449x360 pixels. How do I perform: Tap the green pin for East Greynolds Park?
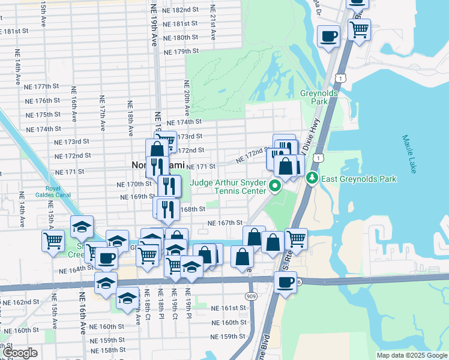pyautogui.click(x=312, y=178)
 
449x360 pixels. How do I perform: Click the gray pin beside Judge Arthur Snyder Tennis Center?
pyautogui.click(x=276, y=186)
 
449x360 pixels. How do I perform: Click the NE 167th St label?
pyautogui.click(x=225, y=223)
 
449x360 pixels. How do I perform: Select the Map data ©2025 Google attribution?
pyautogui.click(x=412, y=355)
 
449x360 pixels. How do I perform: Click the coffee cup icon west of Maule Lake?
pyautogui.click(x=328, y=36)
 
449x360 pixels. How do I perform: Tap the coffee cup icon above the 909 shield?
pyautogui.click(x=286, y=281)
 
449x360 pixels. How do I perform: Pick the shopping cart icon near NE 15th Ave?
pyautogui.click(x=53, y=241)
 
